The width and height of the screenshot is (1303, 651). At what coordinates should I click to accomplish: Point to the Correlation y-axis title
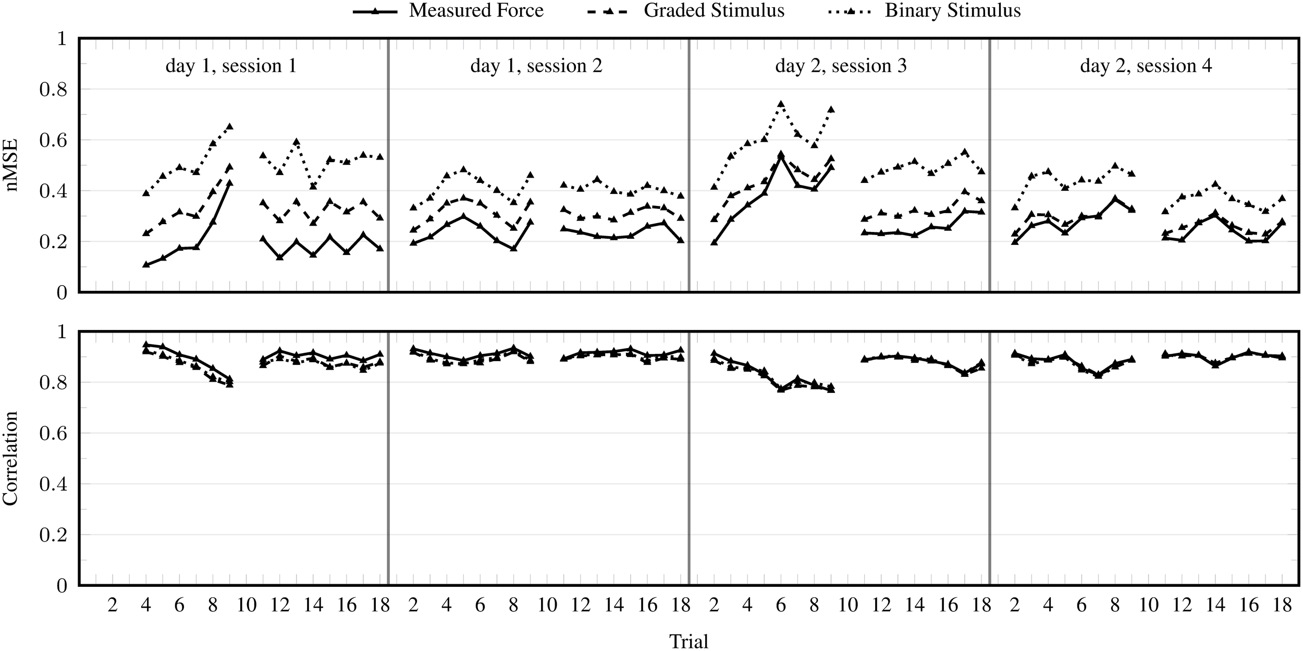pyautogui.click(x=10, y=458)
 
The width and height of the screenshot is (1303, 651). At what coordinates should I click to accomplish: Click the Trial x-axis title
pyautogui.click(x=689, y=641)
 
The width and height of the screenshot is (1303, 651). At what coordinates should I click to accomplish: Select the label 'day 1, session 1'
pyautogui.click(x=231, y=66)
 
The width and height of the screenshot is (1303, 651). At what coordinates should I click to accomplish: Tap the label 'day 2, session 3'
pyautogui.click(x=841, y=66)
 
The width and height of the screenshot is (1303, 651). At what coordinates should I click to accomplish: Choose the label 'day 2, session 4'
pyautogui.click(x=1146, y=66)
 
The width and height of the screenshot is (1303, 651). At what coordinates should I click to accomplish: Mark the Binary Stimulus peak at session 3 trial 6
pyautogui.click(x=781, y=104)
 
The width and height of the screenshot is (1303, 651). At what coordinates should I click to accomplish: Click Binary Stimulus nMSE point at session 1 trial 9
pyautogui.click(x=230, y=126)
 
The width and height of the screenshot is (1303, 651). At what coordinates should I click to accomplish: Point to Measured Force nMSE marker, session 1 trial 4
pyautogui.click(x=146, y=264)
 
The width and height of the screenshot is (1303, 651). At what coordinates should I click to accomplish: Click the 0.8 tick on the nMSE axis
pyautogui.click(x=54, y=89)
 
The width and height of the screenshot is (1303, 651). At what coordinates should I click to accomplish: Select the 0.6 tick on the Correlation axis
pyautogui.click(x=54, y=434)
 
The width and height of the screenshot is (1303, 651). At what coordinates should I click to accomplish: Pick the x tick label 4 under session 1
pyautogui.click(x=146, y=605)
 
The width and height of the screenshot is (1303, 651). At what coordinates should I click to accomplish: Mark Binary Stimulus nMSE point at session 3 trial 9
pyautogui.click(x=831, y=109)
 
